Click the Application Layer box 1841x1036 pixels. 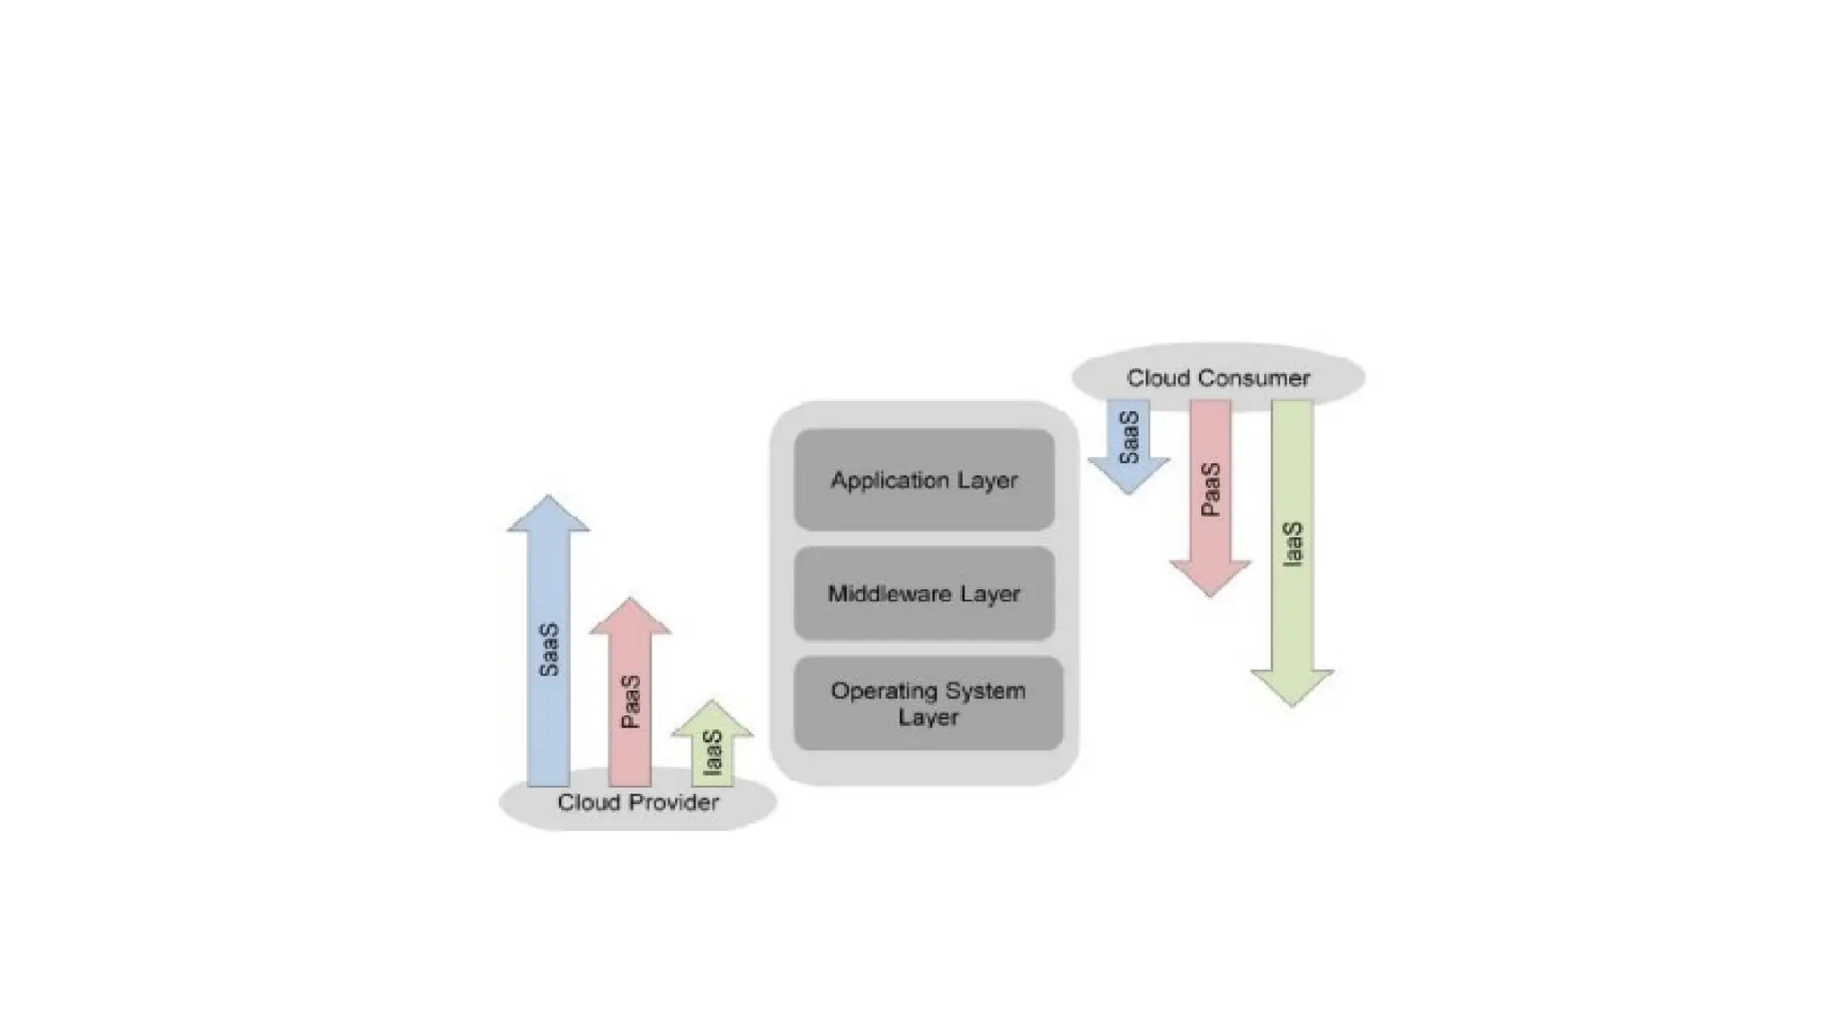[924, 480]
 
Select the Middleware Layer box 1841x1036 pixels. [924, 594]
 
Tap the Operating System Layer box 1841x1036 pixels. [928, 703]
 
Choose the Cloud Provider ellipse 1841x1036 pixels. [637, 801]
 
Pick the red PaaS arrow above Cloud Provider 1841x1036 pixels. [630, 701]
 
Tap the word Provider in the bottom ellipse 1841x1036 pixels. [676, 802]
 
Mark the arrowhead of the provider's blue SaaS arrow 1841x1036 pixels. [548, 515]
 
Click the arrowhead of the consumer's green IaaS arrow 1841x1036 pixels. [1292, 687]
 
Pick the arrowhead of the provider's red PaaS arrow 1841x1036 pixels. [630, 618]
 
